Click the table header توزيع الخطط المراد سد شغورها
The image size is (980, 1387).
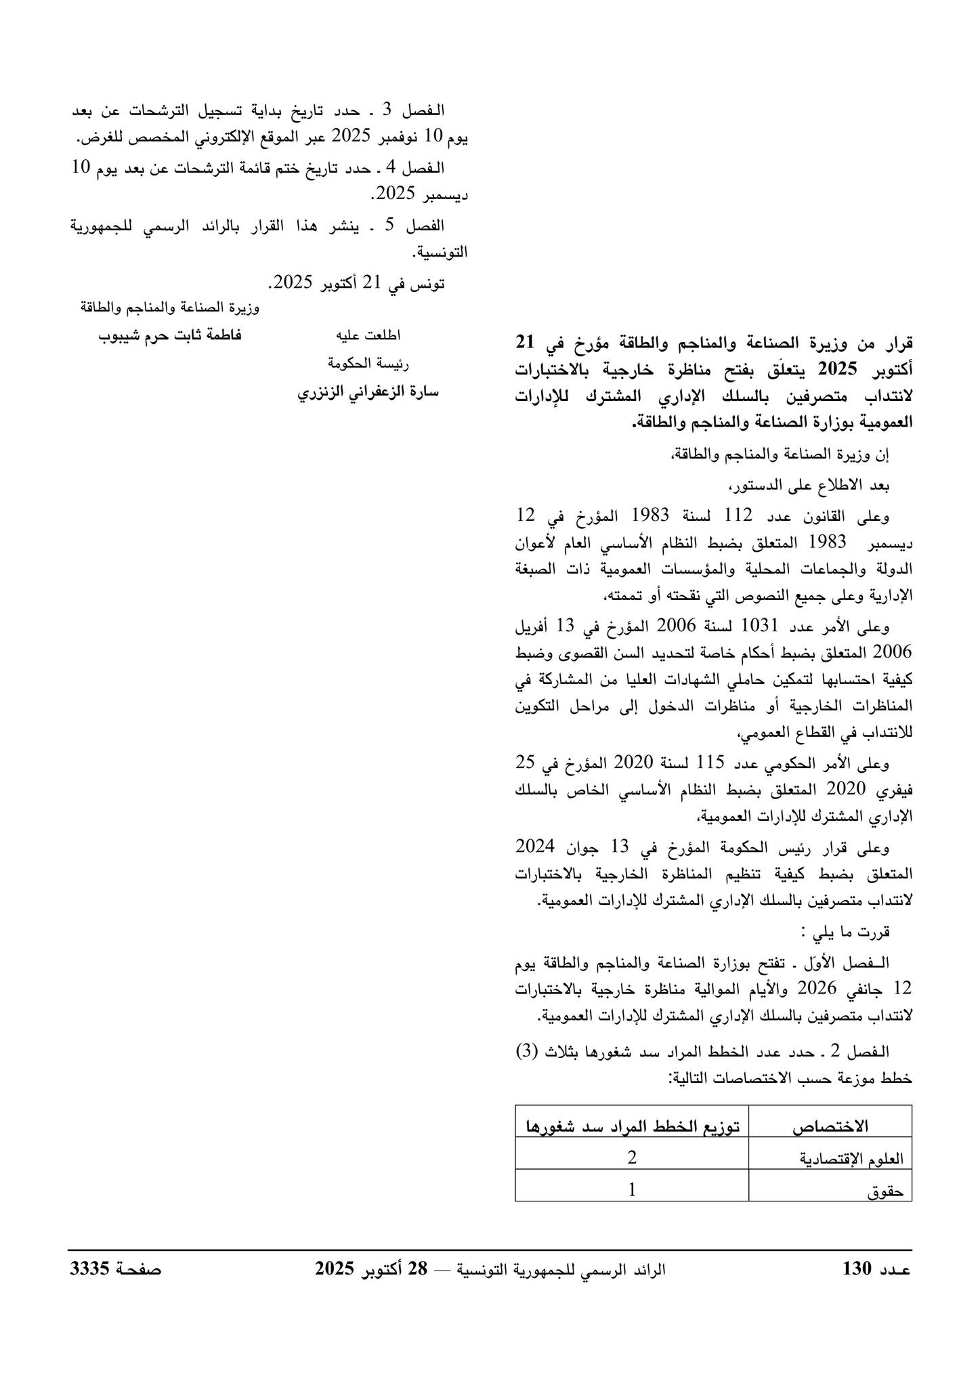(632, 1126)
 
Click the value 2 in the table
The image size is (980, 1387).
(632, 1157)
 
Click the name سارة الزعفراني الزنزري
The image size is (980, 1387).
(368, 392)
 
